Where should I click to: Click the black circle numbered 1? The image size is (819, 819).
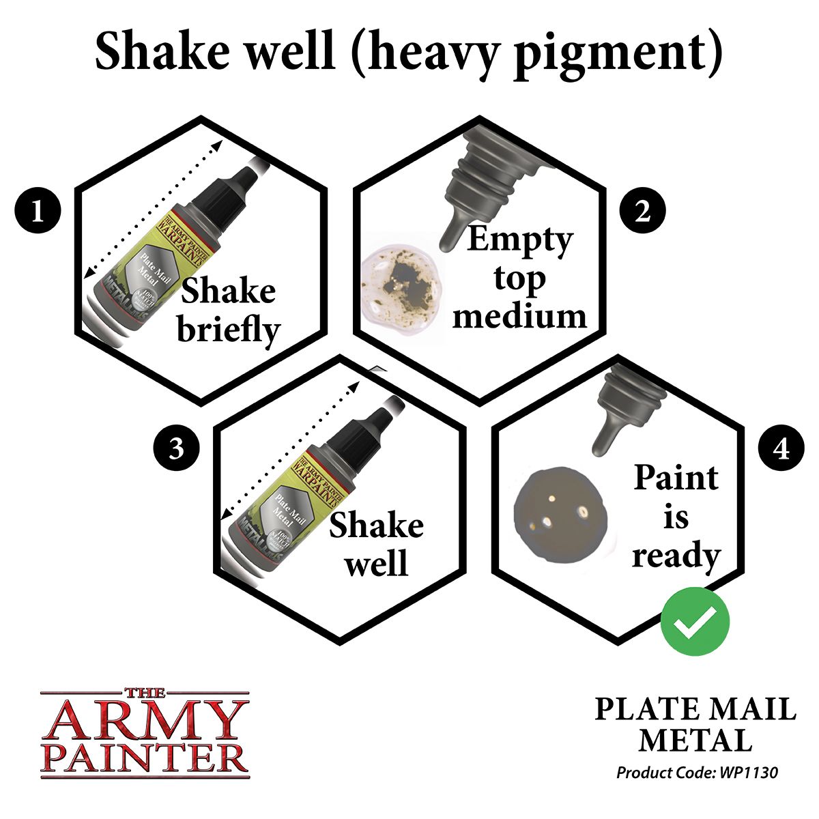[38, 212]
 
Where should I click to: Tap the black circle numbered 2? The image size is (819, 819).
[642, 212]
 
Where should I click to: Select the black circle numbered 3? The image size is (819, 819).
[176, 449]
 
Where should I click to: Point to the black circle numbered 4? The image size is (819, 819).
[782, 449]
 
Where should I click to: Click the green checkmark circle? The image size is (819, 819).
[695, 621]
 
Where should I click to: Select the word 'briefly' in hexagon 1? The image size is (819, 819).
[229, 330]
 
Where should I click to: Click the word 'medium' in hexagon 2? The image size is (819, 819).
[519, 315]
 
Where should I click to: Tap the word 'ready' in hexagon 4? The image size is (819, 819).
[676, 556]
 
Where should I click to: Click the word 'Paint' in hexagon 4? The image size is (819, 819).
[676, 478]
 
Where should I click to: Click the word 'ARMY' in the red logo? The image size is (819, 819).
[144, 720]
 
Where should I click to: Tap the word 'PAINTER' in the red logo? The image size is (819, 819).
[144, 759]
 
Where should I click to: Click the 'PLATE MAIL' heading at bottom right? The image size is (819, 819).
[695, 710]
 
